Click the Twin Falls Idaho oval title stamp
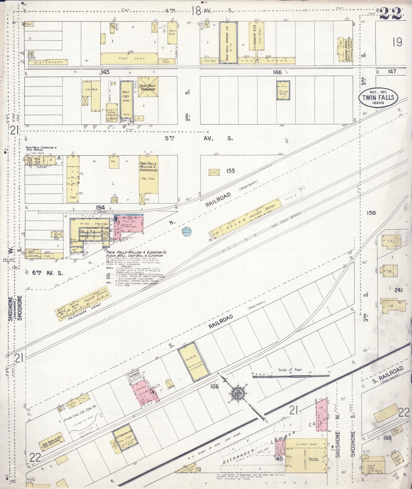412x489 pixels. pyautogui.click(x=378, y=98)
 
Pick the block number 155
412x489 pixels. pyautogui.click(x=230, y=171)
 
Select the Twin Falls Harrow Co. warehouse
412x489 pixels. pyautogui.click(x=228, y=43)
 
